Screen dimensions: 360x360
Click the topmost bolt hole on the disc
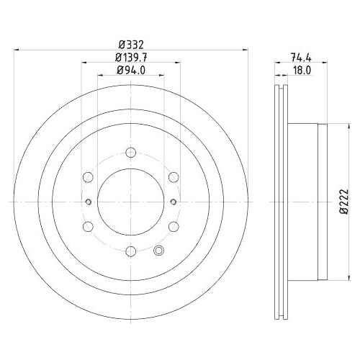point(130,152)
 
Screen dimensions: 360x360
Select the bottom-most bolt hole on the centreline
point(130,251)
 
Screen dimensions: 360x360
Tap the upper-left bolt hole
point(87,177)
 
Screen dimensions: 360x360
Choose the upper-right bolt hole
point(174,177)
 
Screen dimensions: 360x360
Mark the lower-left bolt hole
point(87,227)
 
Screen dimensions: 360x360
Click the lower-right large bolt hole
point(174,227)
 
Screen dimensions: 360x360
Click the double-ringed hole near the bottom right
point(160,251)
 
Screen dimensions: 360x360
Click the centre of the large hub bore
point(130,202)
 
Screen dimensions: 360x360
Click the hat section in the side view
point(306,202)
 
